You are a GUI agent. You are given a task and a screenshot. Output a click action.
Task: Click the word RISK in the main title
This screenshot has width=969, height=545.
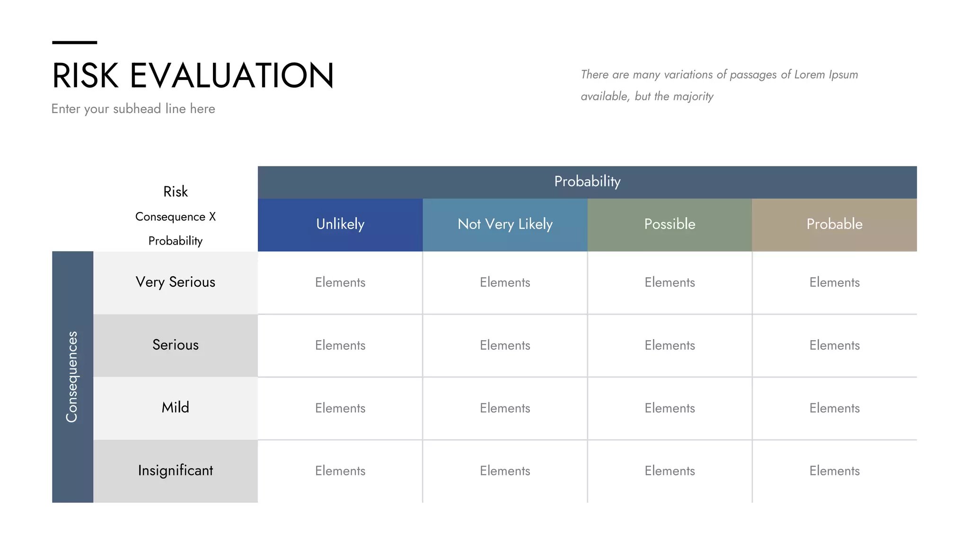85,76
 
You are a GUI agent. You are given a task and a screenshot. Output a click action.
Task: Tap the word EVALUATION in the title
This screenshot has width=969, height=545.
232,76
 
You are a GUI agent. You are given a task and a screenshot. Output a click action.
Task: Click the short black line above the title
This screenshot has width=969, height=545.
74,43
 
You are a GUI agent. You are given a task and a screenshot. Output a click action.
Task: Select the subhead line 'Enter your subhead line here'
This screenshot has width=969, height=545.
133,109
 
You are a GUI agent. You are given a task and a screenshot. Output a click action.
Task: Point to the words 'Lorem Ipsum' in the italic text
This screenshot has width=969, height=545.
826,75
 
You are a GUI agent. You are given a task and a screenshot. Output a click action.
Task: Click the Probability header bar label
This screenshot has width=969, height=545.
587,182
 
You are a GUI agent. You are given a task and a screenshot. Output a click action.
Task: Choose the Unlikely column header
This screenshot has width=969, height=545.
340,224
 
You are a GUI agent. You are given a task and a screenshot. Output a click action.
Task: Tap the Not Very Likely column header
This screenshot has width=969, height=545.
505,224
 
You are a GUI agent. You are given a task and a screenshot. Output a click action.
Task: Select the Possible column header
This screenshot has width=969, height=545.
669,224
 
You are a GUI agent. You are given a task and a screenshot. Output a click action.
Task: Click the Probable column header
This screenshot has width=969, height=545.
834,224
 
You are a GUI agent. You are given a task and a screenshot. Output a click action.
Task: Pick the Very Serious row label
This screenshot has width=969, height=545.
175,282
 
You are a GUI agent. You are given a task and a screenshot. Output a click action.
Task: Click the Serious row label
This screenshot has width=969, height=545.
175,345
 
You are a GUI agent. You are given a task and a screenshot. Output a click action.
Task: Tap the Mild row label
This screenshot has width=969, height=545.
175,408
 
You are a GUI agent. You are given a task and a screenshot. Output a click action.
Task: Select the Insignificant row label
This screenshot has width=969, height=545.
175,471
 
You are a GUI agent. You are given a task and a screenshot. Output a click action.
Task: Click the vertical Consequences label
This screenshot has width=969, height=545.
72,377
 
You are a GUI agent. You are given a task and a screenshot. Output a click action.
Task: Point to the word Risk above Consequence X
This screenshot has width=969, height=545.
175,192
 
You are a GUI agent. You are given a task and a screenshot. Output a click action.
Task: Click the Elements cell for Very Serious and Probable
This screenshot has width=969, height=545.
834,282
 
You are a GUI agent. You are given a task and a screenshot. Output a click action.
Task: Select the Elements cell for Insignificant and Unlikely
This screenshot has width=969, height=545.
340,471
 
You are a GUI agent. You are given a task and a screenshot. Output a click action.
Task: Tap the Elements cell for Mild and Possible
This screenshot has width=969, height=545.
669,408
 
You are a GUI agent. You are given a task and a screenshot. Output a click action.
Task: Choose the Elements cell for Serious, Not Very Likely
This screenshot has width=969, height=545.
505,345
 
